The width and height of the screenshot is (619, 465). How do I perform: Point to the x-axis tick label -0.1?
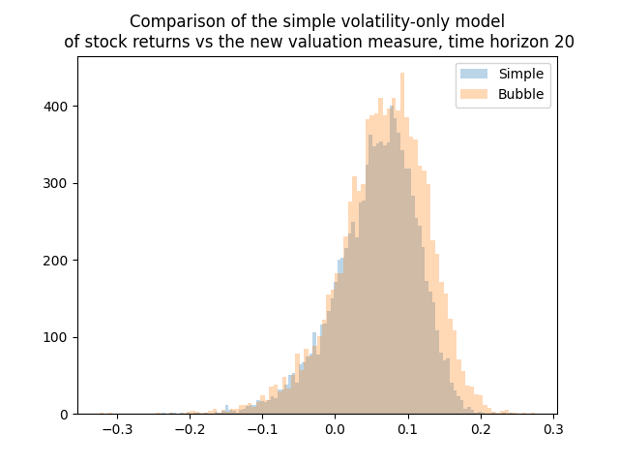click(x=261, y=427)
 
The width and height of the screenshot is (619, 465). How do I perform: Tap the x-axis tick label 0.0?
click(x=335, y=427)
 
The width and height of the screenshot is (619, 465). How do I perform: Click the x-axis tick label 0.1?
click(x=408, y=427)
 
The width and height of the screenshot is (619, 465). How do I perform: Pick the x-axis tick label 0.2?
click(x=481, y=427)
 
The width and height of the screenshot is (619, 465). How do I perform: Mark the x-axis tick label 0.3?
click(x=554, y=427)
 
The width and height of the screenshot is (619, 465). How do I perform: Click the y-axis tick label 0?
click(x=66, y=415)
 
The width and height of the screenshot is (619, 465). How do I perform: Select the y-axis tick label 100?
click(x=59, y=337)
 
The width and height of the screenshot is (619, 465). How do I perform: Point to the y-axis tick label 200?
click(x=59, y=261)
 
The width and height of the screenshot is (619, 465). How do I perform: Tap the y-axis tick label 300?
click(x=59, y=183)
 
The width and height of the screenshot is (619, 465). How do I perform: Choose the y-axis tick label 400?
click(x=59, y=107)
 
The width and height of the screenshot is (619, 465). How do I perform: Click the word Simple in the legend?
click(x=521, y=74)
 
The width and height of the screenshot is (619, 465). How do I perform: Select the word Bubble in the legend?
click(x=521, y=94)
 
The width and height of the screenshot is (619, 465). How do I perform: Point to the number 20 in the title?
click(x=564, y=42)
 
